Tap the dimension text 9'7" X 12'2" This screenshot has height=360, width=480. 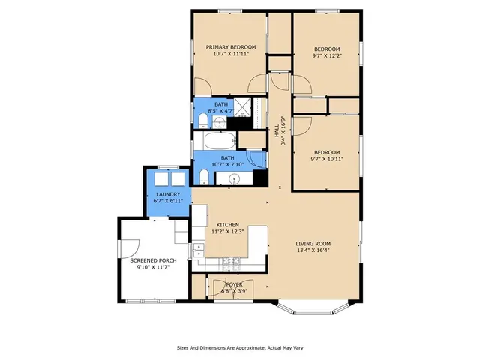(x=326, y=55)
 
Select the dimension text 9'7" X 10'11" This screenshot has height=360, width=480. (x=326, y=159)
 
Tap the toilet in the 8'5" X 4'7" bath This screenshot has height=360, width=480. (x=203, y=121)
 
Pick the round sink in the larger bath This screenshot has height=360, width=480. (x=235, y=178)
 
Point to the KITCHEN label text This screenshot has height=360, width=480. (x=227, y=225)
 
